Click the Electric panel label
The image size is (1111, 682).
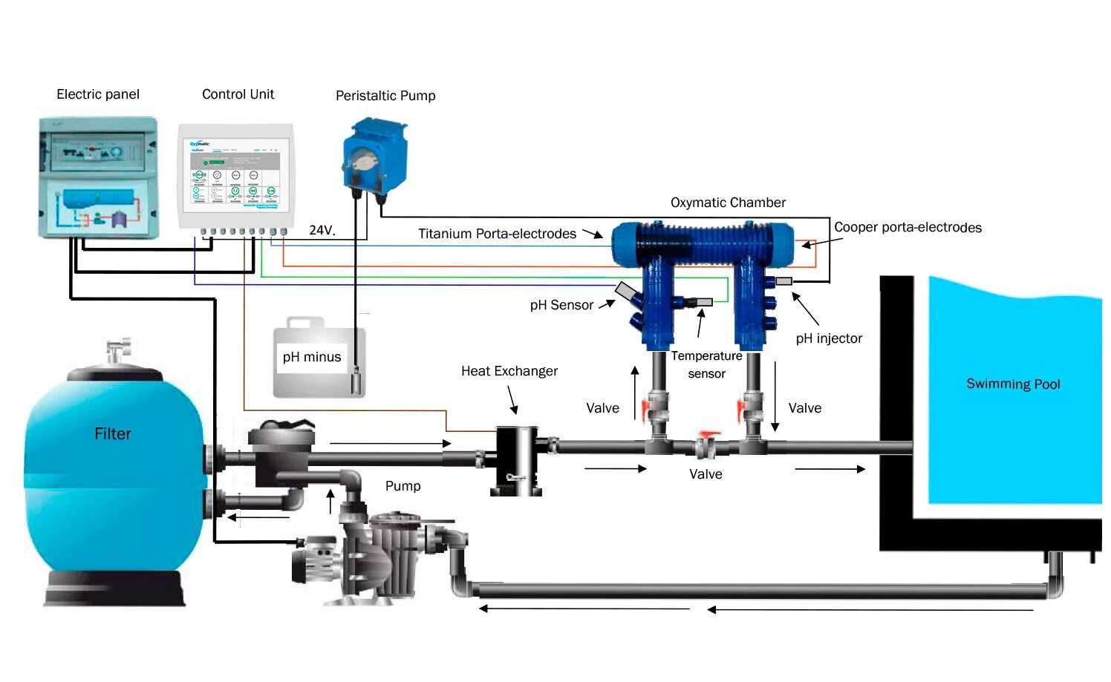98,94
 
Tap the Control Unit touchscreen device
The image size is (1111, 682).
236,177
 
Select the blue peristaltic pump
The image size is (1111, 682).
375,160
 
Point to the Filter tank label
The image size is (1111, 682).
113,434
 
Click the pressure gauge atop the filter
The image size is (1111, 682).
119,350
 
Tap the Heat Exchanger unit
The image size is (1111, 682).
517,460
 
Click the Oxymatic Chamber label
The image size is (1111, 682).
728,203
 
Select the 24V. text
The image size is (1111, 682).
322,230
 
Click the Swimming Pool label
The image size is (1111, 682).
1013,384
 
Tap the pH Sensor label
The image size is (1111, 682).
561,305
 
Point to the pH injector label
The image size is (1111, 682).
829,338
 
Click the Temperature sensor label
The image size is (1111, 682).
706,364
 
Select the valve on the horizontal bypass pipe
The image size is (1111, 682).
706,445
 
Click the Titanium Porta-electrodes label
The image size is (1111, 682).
497,234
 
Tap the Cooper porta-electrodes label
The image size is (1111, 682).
908,227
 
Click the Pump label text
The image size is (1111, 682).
403,486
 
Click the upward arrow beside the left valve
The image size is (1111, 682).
635,393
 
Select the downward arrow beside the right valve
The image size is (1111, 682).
775,396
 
